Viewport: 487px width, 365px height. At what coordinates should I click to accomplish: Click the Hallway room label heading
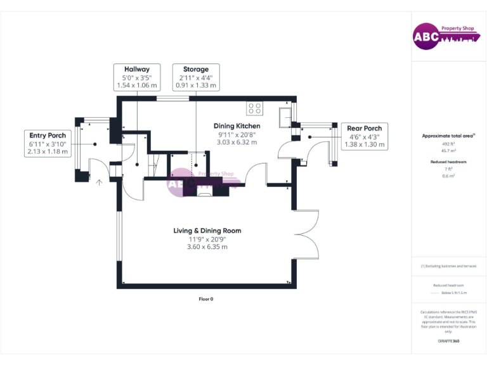pos(137,68)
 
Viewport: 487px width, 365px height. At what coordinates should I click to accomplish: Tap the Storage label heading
pos(195,68)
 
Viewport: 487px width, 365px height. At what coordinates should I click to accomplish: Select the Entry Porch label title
pos(48,135)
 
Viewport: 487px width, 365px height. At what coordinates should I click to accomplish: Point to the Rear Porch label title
pos(364,128)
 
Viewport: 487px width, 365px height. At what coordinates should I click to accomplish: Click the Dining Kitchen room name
pos(237,125)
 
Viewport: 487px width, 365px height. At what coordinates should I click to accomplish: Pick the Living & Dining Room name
pos(207,231)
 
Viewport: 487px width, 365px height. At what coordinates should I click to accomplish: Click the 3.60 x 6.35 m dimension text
pos(207,247)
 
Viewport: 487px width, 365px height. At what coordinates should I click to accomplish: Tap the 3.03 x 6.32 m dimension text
pos(237,142)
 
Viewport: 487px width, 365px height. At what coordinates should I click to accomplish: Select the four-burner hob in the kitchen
pos(255,108)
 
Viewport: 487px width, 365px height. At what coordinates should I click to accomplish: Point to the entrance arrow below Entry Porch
pos(99,182)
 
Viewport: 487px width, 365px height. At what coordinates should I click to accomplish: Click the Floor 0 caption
pos(206,298)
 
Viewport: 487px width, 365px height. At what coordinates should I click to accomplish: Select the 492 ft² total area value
pos(448,144)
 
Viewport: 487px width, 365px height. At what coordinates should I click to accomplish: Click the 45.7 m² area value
pos(448,151)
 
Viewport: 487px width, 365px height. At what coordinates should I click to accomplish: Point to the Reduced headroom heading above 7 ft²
pos(448,162)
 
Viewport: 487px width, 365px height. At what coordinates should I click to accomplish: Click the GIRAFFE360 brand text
pos(448,341)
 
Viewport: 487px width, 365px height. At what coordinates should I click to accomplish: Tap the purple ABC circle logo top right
pos(426,37)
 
